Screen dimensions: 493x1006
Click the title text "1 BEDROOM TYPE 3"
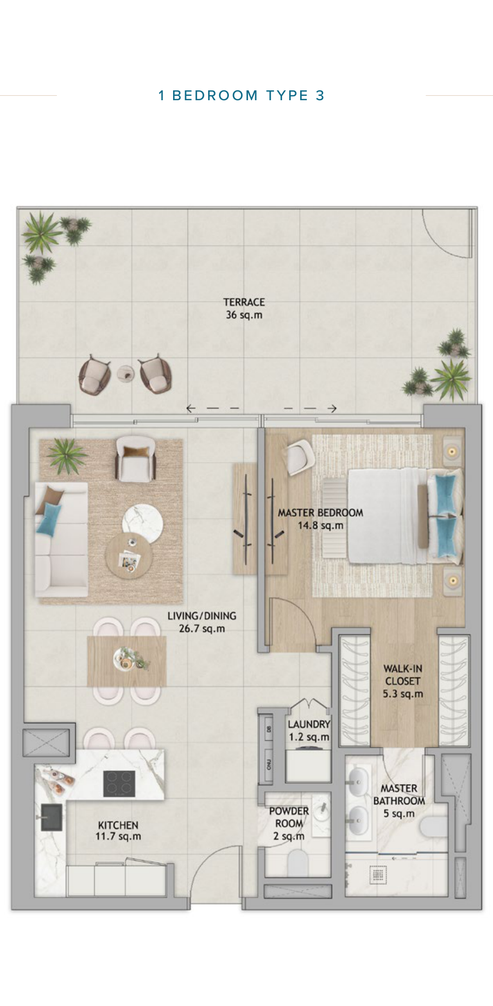(242, 96)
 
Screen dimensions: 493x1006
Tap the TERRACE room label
(244, 302)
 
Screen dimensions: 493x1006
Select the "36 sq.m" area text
(244, 315)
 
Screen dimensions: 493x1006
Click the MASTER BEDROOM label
(320, 513)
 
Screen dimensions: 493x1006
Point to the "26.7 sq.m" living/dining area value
(202, 629)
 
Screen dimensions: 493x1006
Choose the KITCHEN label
(118, 825)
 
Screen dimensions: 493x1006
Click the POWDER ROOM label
(289, 817)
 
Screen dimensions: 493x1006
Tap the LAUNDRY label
(309, 724)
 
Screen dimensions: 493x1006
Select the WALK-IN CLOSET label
(403, 675)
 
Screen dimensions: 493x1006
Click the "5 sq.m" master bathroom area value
(399, 814)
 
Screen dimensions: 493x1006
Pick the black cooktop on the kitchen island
(119, 784)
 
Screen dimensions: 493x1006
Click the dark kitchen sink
(51, 817)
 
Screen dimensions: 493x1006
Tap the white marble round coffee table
(142, 522)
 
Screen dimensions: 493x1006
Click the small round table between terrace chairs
(125, 373)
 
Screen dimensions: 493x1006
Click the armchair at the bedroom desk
(299, 458)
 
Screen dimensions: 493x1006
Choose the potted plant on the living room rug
(66, 456)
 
